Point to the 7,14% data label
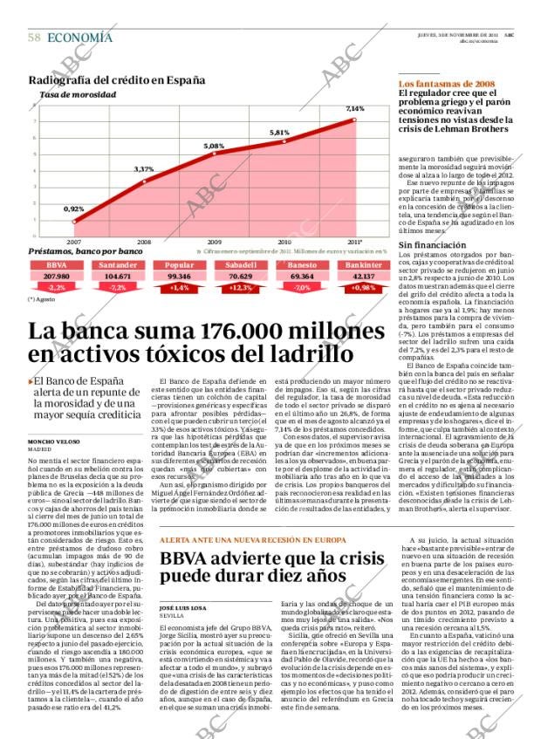coord(354,109)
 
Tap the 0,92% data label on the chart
coord(74,209)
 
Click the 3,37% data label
coord(144,168)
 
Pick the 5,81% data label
coord(279,133)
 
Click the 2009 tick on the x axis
coord(214,242)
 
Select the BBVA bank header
coord(57,265)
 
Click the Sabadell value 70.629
coord(239,276)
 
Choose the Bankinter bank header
coord(361,265)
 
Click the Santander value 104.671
coord(118,276)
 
